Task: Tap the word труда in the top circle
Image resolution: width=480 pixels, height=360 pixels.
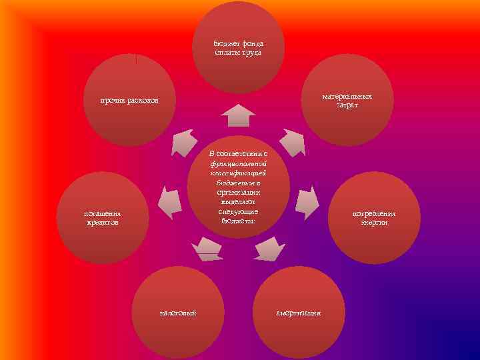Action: click(x=251, y=52)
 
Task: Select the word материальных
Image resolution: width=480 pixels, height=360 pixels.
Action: click(x=347, y=97)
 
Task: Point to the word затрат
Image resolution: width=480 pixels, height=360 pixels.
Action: click(x=347, y=105)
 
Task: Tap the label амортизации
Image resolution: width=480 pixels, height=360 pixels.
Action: click(x=299, y=313)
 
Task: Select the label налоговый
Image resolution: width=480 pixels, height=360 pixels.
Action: click(x=177, y=313)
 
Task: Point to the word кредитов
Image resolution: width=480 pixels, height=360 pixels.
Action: click(x=102, y=223)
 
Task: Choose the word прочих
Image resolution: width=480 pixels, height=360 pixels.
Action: click(x=113, y=101)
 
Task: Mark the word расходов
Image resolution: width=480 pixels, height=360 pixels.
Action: click(x=143, y=101)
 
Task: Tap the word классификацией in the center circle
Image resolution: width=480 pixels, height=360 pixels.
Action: click(x=238, y=172)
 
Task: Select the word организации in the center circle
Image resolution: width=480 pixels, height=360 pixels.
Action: click(x=238, y=191)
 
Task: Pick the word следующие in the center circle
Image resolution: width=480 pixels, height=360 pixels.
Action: click(x=238, y=211)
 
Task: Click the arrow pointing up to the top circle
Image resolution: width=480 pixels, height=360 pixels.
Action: click(x=238, y=115)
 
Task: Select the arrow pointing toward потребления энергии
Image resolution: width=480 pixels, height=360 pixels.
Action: click(x=306, y=202)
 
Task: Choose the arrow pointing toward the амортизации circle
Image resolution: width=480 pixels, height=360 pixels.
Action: click(x=270, y=248)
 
